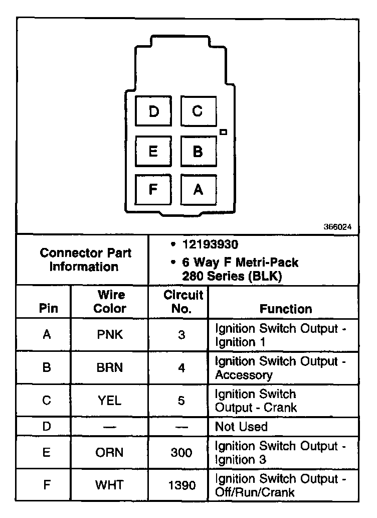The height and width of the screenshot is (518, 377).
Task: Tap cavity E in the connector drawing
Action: [153, 151]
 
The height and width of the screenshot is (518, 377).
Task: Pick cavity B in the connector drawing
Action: [198, 151]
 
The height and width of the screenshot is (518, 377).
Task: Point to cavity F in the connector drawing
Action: [153, 189]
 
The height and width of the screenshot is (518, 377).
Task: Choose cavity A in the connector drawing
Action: [198, 189]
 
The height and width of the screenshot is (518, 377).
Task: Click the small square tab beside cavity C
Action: [224, 132]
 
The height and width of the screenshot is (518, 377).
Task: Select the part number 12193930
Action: [210, 245]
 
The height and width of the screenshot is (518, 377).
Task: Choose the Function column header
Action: [285, 309]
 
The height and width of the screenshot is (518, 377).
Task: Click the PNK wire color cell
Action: [110, 335]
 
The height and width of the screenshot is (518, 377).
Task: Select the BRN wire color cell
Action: [110, 368]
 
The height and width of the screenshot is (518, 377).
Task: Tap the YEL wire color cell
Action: [110, 401]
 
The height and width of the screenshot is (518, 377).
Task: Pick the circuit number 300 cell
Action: [181, 453]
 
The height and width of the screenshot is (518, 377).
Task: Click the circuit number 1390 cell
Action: [181, 485]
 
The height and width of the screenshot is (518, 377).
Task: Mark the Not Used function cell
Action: [241, 427]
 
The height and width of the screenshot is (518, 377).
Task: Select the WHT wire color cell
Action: [110, 485]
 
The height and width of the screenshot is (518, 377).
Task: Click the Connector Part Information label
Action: [84, 259]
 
